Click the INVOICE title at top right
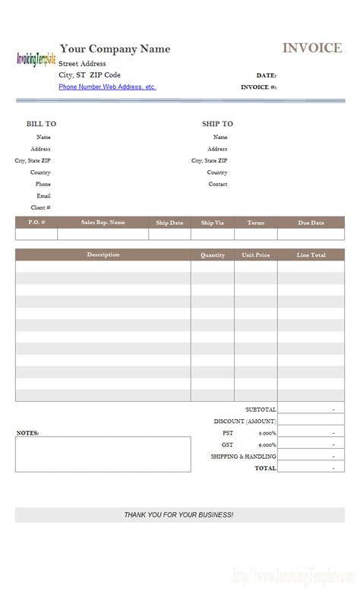[x=312, y=49]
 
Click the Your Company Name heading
[x=115, y=49]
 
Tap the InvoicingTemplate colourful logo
[x=36, y=59]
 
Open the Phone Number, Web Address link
[x=107, y=87]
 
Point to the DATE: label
[x=266, y=76]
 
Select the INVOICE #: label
[x=258, y=87]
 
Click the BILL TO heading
[x=41, y=124]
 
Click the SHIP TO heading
[x=217, y=124]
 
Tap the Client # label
[x=40, y=207]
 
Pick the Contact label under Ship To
[x=218, y=184]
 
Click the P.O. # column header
[x=36, y=223]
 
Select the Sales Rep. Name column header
[x=103, y=223]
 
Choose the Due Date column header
[x=311, y=223]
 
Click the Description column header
[x=103, y=254]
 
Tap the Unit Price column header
[x=255, y=255]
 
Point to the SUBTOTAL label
[x=261, y=409]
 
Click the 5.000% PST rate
[x=267, y=433]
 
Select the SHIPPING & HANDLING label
[x=243, y=457]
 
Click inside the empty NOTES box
[x=103, y=454]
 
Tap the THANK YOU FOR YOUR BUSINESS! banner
[x=179, y=515]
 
